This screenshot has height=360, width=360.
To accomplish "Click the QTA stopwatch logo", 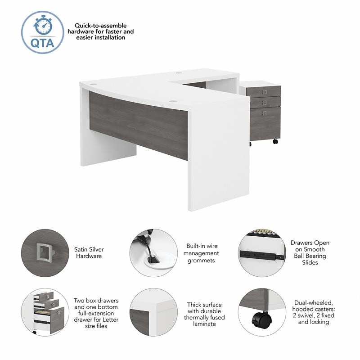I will pos(43,32).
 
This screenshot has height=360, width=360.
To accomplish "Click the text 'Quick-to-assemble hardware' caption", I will pos(101,32).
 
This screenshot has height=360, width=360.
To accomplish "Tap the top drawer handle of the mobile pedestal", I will pos(264,92).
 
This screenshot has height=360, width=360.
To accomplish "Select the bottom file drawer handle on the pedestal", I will pos(264,112).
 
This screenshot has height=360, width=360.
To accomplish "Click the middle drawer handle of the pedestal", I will pos(264,102).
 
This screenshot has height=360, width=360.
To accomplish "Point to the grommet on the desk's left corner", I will pos(93,84).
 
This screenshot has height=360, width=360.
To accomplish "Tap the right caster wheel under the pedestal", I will pos(275,141).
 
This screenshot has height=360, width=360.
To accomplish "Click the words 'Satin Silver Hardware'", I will pos(88,252).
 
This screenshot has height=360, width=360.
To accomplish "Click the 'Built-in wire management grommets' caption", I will pos(202,253).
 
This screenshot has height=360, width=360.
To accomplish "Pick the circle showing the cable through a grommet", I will pos(153,253).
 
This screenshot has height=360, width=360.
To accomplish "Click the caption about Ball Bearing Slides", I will pos(310,252).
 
